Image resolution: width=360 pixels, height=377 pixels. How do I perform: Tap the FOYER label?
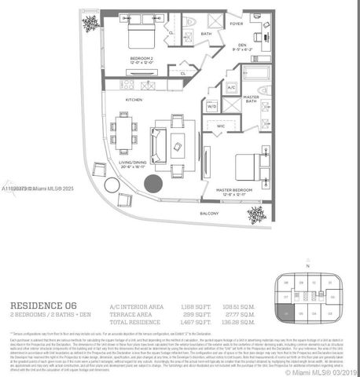[x=237, y=24]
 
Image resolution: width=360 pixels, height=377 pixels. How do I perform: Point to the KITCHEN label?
[x=134, y=100]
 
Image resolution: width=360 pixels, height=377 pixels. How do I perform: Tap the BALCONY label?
[x=209, y=213]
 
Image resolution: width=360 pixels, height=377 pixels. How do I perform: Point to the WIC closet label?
[x=220, y=124]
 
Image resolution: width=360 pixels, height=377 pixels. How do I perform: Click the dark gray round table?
[x=153, y=185]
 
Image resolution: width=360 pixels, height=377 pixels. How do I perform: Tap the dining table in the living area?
[x=123, y=133]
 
